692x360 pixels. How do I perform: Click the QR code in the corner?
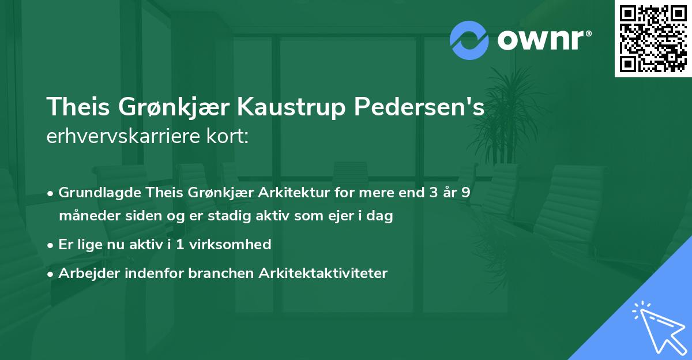pos(653,38)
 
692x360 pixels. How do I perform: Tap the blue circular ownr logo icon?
pos(469,40)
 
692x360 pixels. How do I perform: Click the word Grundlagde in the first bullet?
pos(95,193)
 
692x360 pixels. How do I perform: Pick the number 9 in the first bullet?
pos(465,193)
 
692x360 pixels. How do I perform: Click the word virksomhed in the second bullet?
pos(235,245)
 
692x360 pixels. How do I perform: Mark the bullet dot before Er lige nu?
pos(51,245)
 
